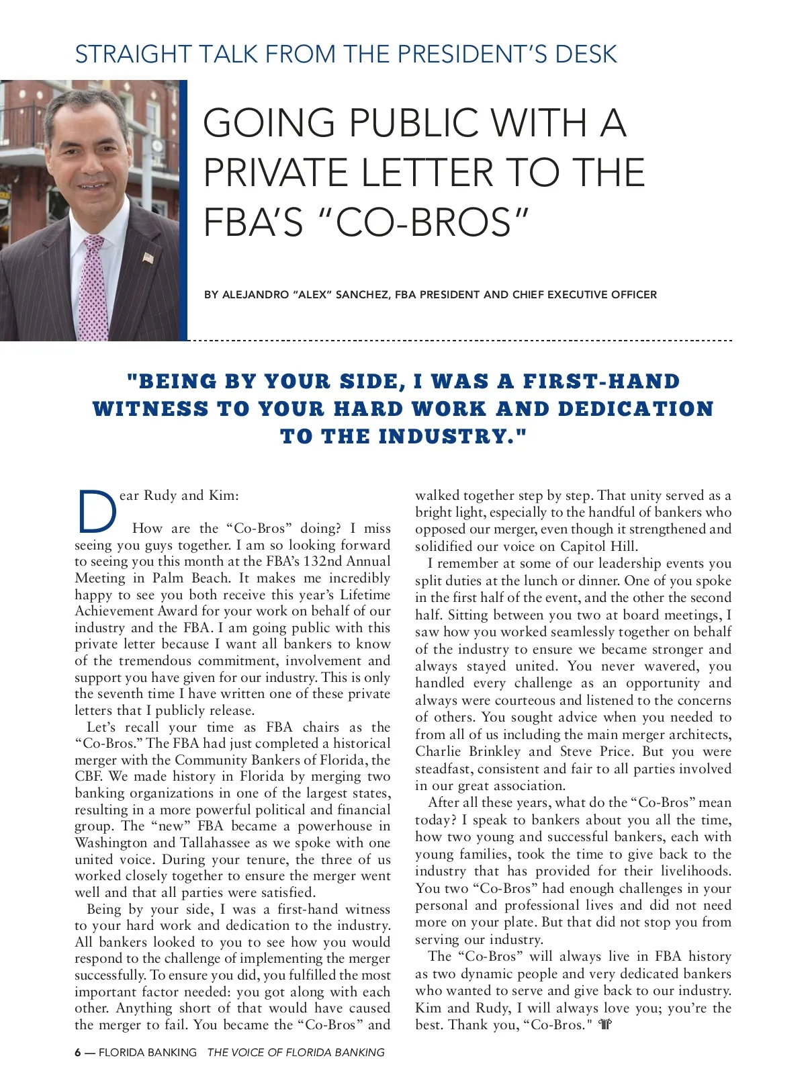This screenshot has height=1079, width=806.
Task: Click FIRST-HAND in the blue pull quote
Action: (601, 382)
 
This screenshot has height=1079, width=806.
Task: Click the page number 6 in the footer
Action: (77, 1052)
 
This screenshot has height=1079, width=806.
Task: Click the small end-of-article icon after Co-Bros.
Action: (605, 1025)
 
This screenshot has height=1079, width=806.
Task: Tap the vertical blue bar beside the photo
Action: (184, 210)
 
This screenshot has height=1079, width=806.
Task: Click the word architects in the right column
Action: (697, 734)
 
